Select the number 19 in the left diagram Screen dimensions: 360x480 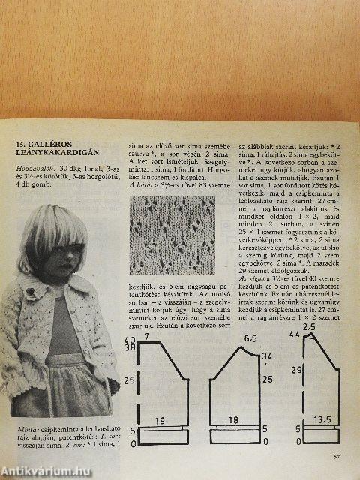(160, 420)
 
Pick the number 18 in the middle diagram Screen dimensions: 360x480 (233, 420)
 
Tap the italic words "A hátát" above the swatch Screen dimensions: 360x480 (142, 184)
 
